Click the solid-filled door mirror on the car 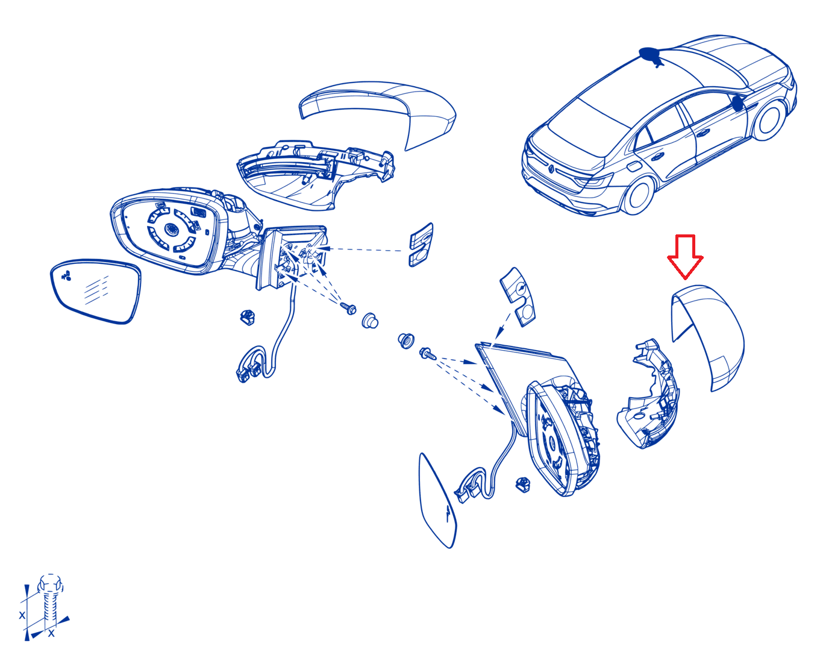coord(737,103)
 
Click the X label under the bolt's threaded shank coord(51,634)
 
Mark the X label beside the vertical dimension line coord(22,615)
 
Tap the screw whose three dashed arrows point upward coord(349,308)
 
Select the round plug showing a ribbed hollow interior coord(406,341)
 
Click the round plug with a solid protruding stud coord(370,321)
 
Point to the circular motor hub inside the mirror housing coord(171,229)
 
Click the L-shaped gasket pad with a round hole coord(519,296)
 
